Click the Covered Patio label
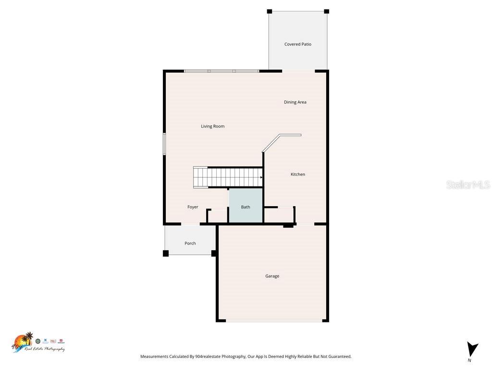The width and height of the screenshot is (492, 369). pyautogui.click(x=297, y=44)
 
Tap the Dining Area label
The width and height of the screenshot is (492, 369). pyautogui.click(x=295, y=102)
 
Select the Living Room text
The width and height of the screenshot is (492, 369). pyautogui.click(x=212, y=126)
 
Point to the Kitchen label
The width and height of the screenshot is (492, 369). pyautogui.click(x=297, y=174)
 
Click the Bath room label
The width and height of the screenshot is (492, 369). pyautogui.click(x=246, y=207)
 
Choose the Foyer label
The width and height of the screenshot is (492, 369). pyautogui.click(x=193, y=207)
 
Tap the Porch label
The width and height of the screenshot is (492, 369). pyautogui.click(x=190, y=243)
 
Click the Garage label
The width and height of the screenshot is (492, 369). pyautogui.click(x=272, y=276)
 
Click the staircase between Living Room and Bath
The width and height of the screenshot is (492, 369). pyautogui.click(x=229, y=177)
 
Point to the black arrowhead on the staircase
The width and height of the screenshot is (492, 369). pyautogui.click(x=261, y=177)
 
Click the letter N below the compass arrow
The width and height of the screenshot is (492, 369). pyautogui.click(x=469, y=360)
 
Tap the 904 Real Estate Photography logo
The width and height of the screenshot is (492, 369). pyautogui.click(x=37, y=343)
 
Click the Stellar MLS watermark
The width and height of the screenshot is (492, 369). pyautogui.click(x=467, y=184)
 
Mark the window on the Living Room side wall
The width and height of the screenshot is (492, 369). pyautogui.click(x=164, y=144)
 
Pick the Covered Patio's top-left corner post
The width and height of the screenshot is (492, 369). pyautogui.click(x=270, y=12)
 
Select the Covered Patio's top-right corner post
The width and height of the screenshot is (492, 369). pyautogui.click(x=326, y=12)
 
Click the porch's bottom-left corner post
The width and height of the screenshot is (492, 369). pyautogui.click(x=166, y=253)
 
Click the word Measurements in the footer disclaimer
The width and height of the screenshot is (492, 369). pyautogui.click(x=154, y=357)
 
